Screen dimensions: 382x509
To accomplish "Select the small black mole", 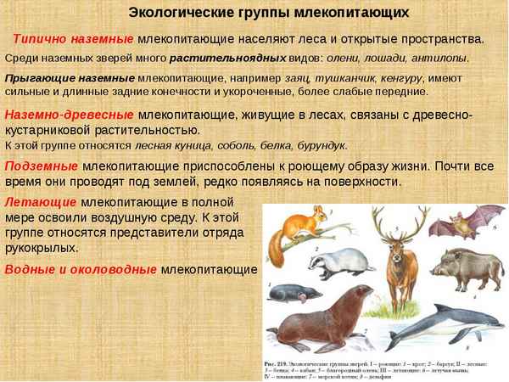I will (x=301, y=298).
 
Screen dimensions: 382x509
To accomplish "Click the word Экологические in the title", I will (x=177, y=13).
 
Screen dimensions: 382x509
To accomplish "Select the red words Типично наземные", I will (x=73, y=39).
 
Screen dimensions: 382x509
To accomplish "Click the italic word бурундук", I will (x=323, y=145).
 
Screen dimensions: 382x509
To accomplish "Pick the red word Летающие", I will (x=41, y=202).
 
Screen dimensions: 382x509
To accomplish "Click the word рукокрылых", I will (x=42, y=249).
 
